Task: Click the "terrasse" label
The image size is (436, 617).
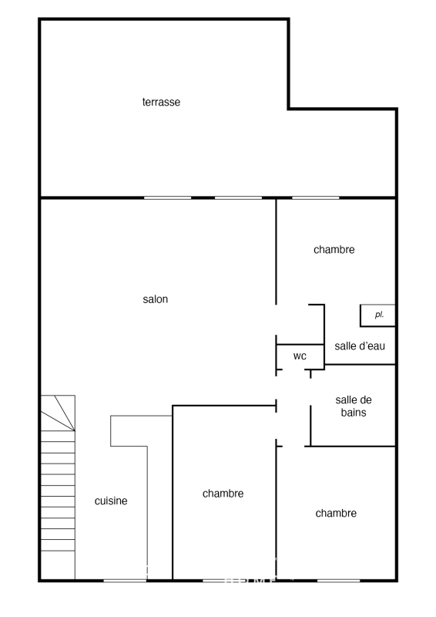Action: (x=161, y=102)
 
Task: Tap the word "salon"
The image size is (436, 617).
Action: (x=156, y=299)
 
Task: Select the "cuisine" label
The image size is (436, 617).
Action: (x=111, y=501)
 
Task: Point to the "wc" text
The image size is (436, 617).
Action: (x=300, y=356)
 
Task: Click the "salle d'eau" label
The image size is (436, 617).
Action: (x=360, y=346)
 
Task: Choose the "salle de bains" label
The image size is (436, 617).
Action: (x=354, y=406)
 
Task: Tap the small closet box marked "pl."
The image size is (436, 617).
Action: (x=377, y=315)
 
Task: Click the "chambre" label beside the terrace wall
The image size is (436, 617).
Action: (x=334, y=249)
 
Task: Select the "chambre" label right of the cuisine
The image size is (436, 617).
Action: (x=223, y=494)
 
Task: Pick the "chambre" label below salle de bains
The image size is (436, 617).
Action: (x=336, y=513)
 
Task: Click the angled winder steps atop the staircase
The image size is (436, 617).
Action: (x=58, y=413)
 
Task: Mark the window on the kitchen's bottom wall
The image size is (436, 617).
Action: (x=125, y=580)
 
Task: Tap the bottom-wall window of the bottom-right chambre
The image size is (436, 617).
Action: (x=338, y=580)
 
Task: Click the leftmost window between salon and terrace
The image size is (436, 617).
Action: (x=167, y=197)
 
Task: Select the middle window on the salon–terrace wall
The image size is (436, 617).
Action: (x=238, y=197)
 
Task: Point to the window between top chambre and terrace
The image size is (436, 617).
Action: (x=315, y=197)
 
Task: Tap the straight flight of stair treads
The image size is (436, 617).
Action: (x=58, y=491)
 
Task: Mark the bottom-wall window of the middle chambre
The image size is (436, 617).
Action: (x=224, y=580)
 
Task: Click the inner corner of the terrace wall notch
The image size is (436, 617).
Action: (x=289, y=109)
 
